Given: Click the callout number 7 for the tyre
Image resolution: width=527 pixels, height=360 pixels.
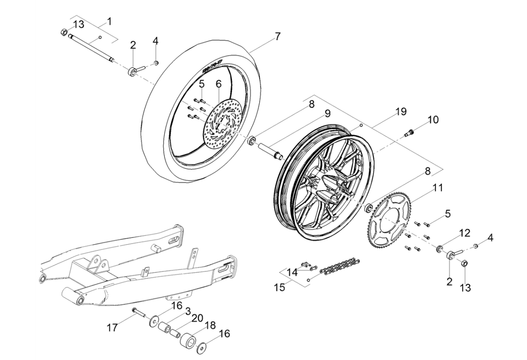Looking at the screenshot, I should pyautogui.click(x=277, y=36).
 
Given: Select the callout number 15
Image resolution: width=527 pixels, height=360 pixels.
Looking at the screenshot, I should pyautogui.click(x=279, y=287).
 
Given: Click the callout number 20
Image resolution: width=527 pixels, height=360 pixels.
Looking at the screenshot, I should pyautogui.click(x=197, y=318).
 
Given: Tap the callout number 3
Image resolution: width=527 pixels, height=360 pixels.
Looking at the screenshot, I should pyautogui.click(x=188, y=311).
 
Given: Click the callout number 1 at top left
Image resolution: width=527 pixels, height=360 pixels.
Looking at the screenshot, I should pyautogui.click(x=109, y=22).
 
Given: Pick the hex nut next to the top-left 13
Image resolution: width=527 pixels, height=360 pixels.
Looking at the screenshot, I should pyautogui.click(x=64, y=33).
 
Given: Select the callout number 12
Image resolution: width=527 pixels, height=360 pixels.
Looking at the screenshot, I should pyautogui.click(x=465, y=233).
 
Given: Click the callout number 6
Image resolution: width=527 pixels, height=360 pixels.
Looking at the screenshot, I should pyautogui.click(x=218, y=83).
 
